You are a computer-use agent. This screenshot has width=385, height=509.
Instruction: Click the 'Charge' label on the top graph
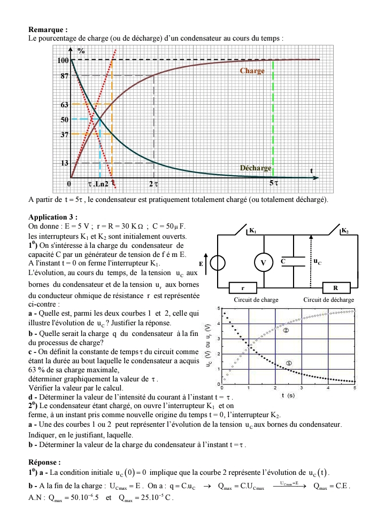[x=252, y=71]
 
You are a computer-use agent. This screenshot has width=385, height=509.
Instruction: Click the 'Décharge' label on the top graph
[x=256, y=168]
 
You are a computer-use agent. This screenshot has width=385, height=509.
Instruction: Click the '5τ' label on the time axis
[x=273, y=184]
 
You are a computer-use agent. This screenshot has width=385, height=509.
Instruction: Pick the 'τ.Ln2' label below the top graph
[x=98, y=184]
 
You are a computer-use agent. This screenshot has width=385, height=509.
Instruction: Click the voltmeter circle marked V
[x=263, y=263]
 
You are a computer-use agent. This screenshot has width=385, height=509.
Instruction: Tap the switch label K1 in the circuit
[x=252, y=232]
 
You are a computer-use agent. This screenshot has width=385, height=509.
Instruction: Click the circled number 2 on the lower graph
[x=286, y=331]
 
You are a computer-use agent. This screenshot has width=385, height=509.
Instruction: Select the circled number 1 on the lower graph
[x=289, y=363]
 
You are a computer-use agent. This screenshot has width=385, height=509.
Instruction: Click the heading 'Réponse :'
[x=45, y=462]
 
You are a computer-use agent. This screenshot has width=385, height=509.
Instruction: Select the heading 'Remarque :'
[x=48, y=30]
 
